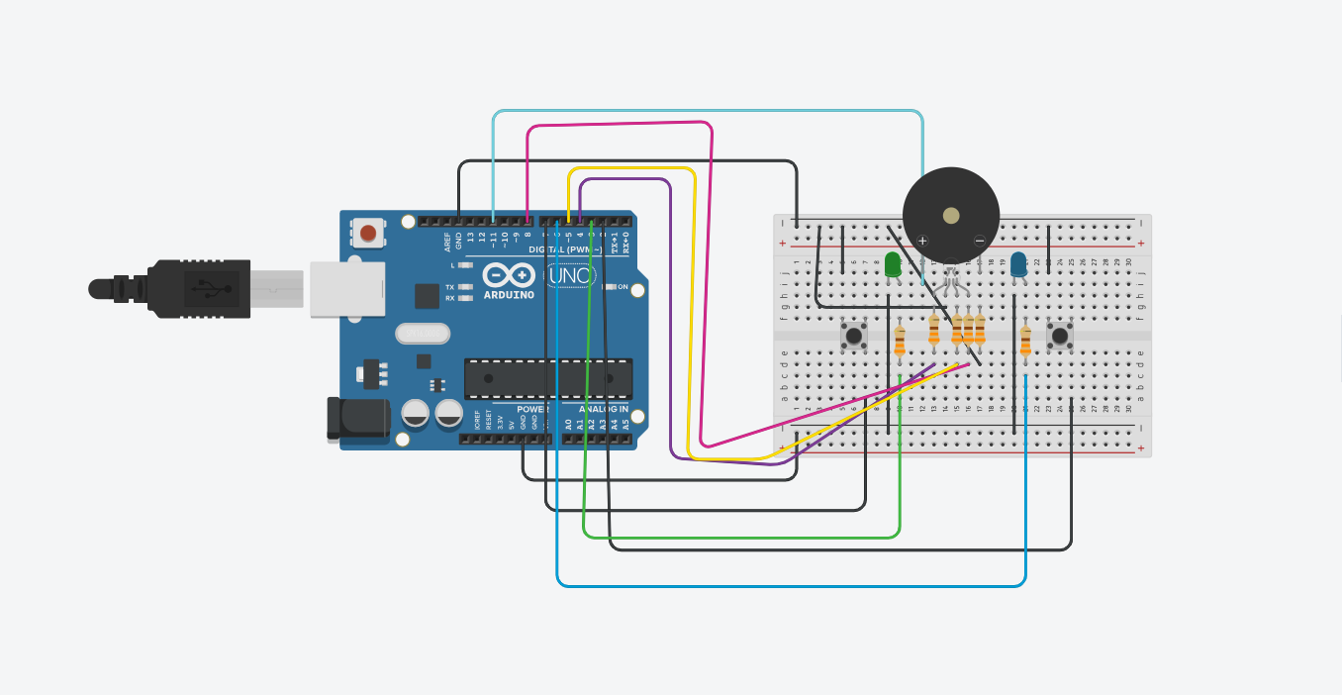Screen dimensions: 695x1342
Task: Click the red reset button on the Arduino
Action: pos(368,234)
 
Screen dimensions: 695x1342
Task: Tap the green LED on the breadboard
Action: pos(893,264)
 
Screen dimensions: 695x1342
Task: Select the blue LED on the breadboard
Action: pos(1018,264)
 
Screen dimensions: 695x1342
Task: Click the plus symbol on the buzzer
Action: pos(922,241)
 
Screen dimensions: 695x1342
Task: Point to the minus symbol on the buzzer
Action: pos(980,241)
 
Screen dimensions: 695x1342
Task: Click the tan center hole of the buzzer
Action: pos(951,215)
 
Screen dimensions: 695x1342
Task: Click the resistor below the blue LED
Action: pos(1025,340)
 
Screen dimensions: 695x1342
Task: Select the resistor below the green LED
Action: pos(900,340)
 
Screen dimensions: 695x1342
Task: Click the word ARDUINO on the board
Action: pos(510,295)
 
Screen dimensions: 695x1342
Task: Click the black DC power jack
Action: pos(358,417)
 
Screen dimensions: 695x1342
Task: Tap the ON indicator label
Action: pos(623,287)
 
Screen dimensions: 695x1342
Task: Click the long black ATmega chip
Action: pos(548,378)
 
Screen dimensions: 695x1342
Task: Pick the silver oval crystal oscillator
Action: pos(422,334)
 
